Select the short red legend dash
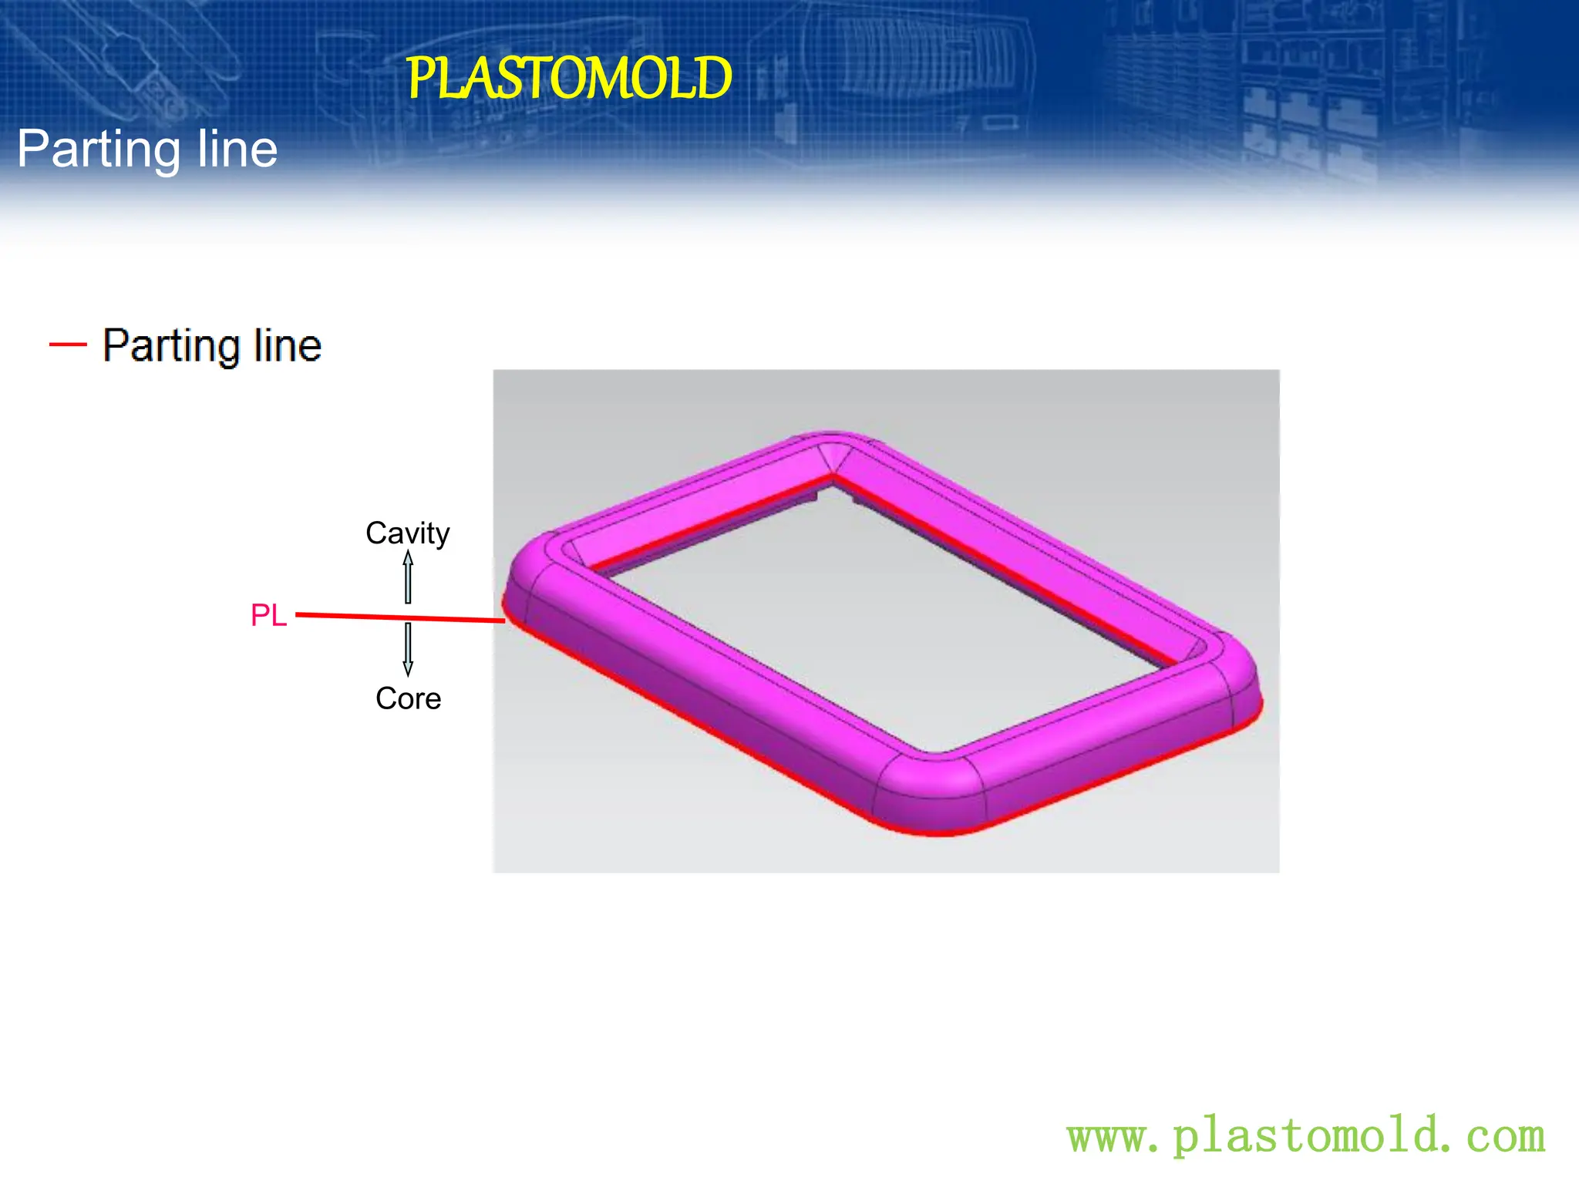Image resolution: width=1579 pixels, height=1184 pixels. pyautogui.click(x=68, y=344)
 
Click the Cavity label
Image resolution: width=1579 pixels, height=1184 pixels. pyautogui.click(x=407, y=533)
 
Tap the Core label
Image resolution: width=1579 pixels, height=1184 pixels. pyautogui.click(x=408, y=698)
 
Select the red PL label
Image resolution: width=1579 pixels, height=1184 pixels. pyautogui.click(x=268, y=615)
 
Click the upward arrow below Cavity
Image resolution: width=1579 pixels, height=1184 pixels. pyautogui.click(x=408, y=577)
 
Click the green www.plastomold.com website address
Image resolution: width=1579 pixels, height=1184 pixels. pyautogui.click(x=1306, y=1136)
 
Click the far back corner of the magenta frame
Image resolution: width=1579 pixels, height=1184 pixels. pyautogui.click(x=833, y=447)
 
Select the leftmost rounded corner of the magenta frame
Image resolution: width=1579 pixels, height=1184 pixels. pyautogui.click(x=532, y=570)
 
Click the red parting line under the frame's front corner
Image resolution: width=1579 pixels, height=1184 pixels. pyautogui.click(x=933, y=832)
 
